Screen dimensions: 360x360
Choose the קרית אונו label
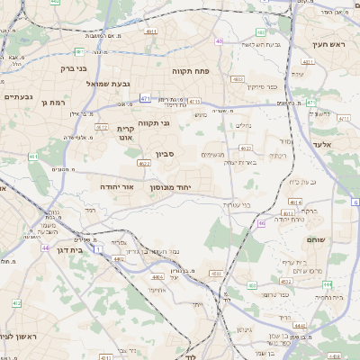[x=126, y=133]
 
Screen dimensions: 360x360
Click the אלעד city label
[x=320, y=144]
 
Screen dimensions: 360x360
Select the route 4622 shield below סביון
[x=144, y=164]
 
